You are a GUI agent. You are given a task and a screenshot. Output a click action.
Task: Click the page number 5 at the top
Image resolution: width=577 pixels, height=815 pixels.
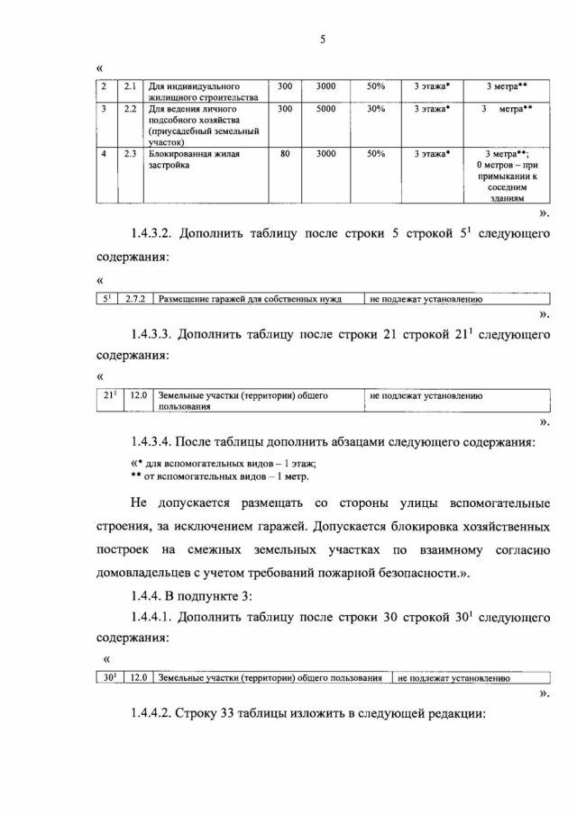(321, 40)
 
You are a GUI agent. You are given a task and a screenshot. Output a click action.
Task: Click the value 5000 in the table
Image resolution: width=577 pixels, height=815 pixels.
(325, 109)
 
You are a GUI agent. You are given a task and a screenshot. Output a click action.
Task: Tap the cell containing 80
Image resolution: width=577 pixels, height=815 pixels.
(285, 154)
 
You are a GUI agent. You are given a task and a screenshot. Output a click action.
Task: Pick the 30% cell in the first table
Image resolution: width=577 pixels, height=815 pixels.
(376, 109)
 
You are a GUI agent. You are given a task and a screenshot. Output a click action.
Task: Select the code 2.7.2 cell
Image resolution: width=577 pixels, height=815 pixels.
(134, 299)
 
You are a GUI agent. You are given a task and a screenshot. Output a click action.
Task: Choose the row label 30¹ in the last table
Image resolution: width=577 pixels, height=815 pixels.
(107, 677)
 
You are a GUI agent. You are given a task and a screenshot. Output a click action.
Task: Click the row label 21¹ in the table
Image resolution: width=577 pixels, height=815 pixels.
(109, 395)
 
